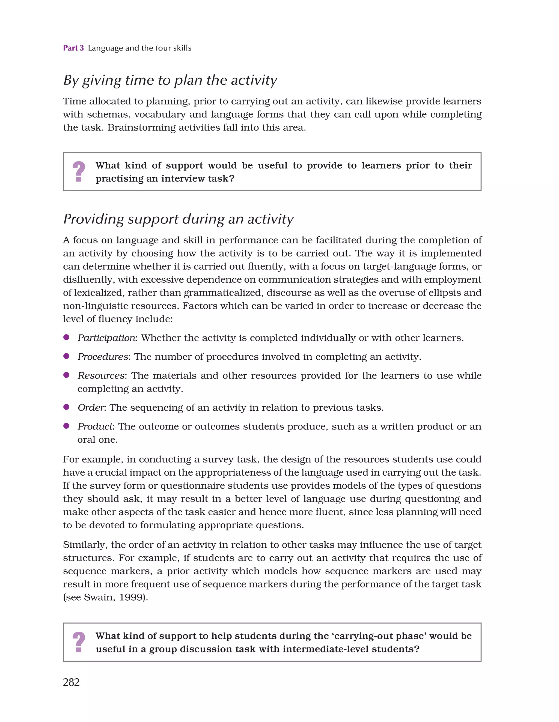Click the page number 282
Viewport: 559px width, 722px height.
[x=71, y=682]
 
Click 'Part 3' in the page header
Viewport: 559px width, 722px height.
[x=73, y=48]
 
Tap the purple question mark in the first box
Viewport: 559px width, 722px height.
[x=79, y=171]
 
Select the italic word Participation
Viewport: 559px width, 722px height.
[x=106, y=338]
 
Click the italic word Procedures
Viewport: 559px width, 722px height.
[x=103, y=357]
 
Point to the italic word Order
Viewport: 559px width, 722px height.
[x=91, y=408]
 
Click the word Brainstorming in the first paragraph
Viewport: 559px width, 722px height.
[x=142, y=128]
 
